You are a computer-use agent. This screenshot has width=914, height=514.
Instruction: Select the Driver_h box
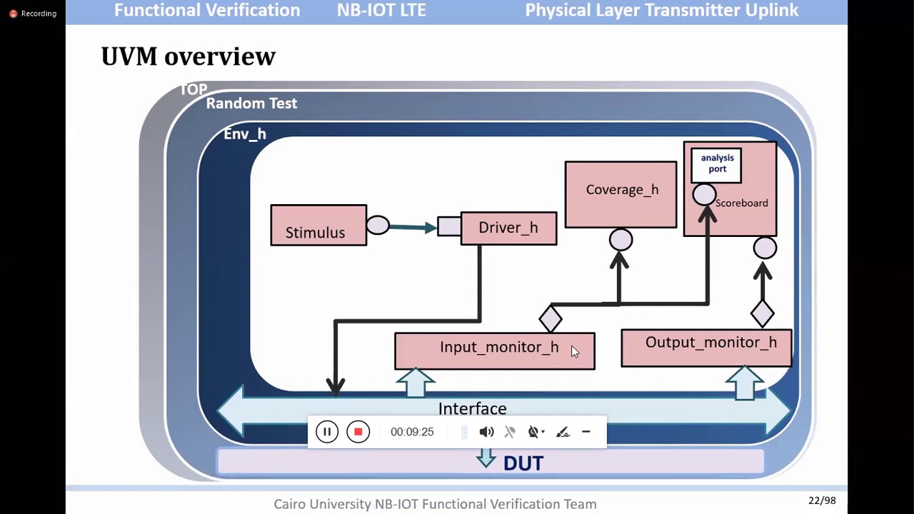508,228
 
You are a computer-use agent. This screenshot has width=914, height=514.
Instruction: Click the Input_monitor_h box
494,351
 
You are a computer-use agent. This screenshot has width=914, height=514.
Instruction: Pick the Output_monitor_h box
706,348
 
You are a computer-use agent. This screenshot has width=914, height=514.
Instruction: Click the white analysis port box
716,164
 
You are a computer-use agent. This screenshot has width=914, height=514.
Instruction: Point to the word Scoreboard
741,203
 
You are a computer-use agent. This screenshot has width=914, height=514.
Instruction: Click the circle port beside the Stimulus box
378,226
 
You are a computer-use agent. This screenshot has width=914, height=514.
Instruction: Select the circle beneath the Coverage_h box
621,240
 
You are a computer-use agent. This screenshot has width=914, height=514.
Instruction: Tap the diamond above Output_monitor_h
763,313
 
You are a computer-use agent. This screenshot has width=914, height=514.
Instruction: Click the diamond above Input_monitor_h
551,318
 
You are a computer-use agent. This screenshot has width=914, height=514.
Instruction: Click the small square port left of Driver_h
449,226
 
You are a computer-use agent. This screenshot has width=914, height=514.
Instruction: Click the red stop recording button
358,432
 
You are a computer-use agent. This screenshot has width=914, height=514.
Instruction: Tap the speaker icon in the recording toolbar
486,432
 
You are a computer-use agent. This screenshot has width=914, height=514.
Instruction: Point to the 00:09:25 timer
412,432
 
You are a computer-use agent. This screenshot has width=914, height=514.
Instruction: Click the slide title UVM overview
189,56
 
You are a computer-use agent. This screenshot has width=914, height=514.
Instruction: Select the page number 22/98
822,500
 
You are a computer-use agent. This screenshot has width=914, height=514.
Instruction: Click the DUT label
523,463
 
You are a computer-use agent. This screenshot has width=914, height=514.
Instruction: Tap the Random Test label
251,104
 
